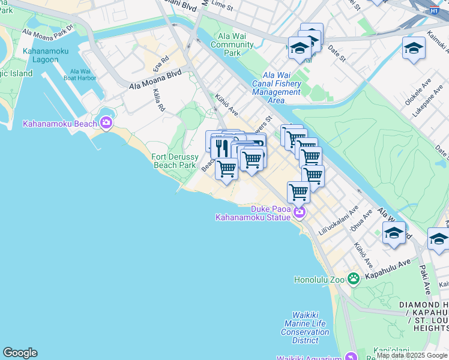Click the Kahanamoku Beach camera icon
point(106,122)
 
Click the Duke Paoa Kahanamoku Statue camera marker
point(298,213)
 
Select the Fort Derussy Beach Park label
point(175,161)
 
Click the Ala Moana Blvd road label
point(155,79)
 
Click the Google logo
point(20,353)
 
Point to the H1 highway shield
point(434,11)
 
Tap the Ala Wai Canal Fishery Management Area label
point(276,88)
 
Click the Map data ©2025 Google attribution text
point(412,355)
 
